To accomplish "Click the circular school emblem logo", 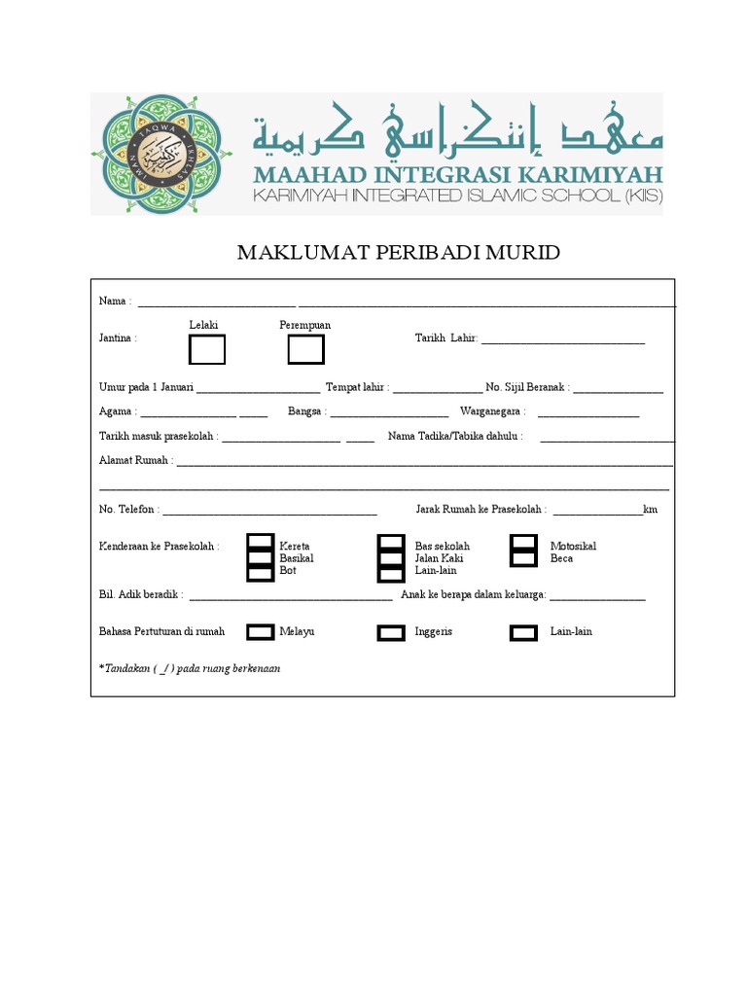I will click(x=161, y=155).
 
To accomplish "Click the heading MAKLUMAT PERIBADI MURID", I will click(x=399, y=254).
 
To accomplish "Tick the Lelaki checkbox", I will click(x=206, y=349).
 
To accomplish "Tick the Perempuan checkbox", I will click(x=305, y=349).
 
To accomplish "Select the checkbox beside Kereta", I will click(x=260, y=542).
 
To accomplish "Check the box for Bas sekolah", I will click(x=391, y=542).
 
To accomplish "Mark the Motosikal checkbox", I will click(x=523, y=542).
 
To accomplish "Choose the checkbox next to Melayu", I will click(x=260, y=632).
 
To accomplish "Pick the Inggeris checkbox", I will click(x=391, y=632).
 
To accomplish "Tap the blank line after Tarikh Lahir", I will click(x=562, y=339).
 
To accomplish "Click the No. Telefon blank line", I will click(x=269, y=510).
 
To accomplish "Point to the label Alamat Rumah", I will click(x=135, y=460).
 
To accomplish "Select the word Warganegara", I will click(x=492, y=411).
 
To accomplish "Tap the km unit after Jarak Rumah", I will click(x=651, y=509).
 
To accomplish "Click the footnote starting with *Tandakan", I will click(x=190, y=669).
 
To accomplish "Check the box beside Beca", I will click(x=523, y=558).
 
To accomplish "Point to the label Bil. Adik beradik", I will click(x=141, y=594).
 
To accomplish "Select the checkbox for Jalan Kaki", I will click(x=391, y=558).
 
